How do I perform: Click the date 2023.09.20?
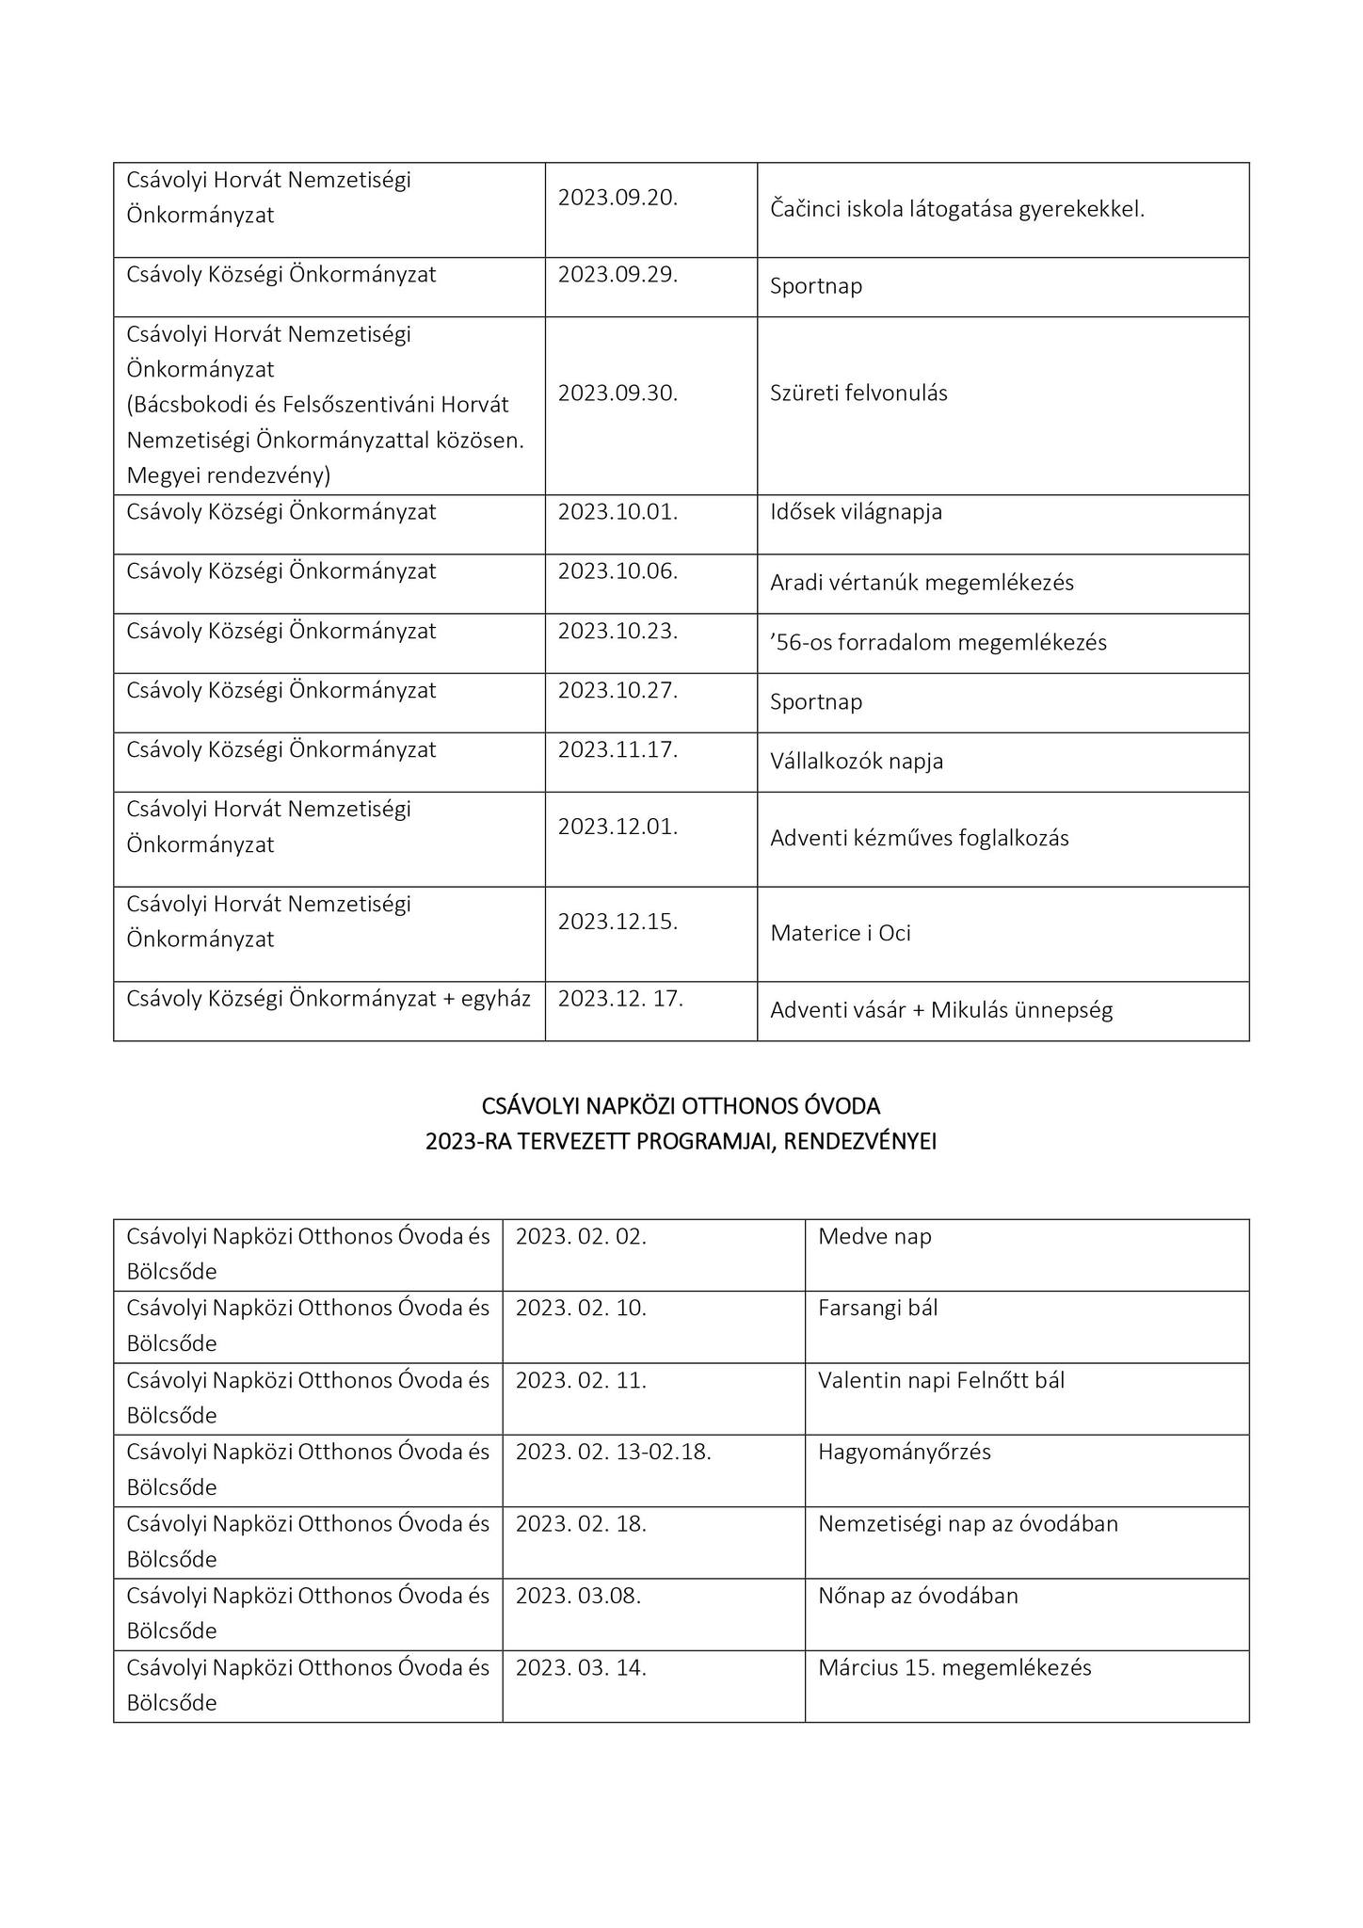click(x=617, y=198)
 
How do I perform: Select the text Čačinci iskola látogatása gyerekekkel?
click(x=956, y=210)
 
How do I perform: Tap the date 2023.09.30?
click(x=617, y=394)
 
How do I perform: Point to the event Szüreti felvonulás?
click(x=858, y=394)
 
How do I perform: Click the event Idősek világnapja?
click(x=856, y=513)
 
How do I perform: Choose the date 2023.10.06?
click(x=617, y=571)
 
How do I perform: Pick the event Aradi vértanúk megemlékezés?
click(x=922, y=583)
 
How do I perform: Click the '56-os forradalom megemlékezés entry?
click(x=938, y=643)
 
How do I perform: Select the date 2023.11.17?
click(x=617, y=750)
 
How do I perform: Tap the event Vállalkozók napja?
click(x=857, y=762)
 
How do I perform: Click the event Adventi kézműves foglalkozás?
click(x=919, y=839)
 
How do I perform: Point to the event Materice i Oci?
click(x=840, y=934)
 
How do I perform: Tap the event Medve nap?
click(x=874, y=1237)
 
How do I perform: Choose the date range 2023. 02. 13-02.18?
click(x=613, y=1452)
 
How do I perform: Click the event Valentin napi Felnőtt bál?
click(x=941, y=1381)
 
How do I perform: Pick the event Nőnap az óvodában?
click(x=918, y=1596)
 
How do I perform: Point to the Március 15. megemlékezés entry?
click(x=954, y=1668)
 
